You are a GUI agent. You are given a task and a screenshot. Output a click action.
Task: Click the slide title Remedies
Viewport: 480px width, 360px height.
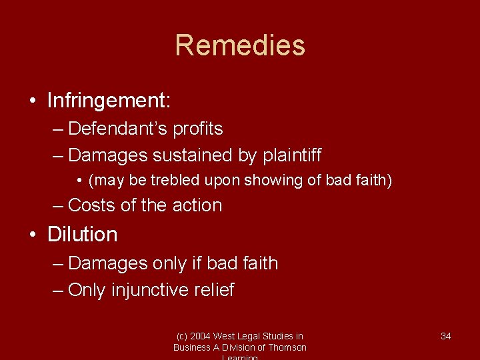(x=240, y=45)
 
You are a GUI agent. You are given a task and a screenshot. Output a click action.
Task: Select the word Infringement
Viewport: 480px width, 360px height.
(x=107, y=101)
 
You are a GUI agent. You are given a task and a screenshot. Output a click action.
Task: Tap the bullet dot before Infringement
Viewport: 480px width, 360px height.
(x=33, y=101)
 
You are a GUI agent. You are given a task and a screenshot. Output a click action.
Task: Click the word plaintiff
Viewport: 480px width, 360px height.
(x=293, y=155)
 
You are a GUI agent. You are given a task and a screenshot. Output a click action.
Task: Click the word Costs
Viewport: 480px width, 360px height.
(x=92, y=205)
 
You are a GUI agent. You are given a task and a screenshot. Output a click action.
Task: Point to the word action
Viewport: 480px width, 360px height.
(x=197, y=205)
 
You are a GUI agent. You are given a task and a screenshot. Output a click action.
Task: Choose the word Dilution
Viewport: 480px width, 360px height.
(x=83, y=235)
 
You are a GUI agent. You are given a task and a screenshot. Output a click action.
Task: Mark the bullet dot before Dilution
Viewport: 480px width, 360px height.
(x=33, y=235)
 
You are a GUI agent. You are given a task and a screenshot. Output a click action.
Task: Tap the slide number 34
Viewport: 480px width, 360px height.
(x=446, y=336)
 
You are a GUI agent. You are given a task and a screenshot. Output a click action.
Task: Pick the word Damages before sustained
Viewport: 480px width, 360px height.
(x=108, y=155)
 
